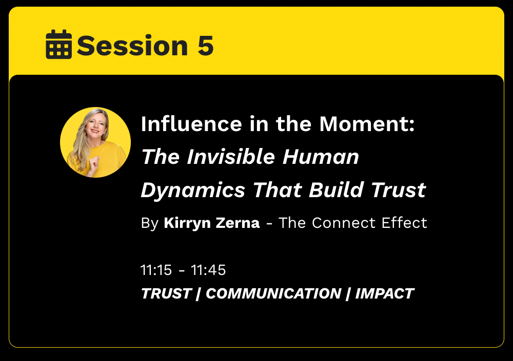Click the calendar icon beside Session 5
click(59, 44)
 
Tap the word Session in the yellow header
click(132, 46)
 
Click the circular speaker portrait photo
click(95, 142)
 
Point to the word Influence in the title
click(191, 124)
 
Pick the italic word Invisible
click(231, 157)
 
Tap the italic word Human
click(321, 157)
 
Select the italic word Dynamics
click(193, 190)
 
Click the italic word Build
click(336, 189)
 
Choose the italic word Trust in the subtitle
click(399, 190)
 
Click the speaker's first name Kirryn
click(187, 223)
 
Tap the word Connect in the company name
click(344, 223)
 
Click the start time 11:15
click(156, 270)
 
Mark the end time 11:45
click(208, 270)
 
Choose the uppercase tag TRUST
click(166, 293)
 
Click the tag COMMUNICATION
click(273, 293)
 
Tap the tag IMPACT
click(385, 293)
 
